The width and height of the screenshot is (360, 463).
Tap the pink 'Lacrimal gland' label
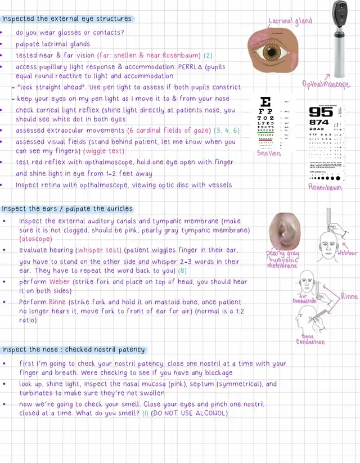[290, 21]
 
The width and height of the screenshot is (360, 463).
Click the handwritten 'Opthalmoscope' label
[326, 84]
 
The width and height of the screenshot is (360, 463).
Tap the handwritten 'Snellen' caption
[269, 153]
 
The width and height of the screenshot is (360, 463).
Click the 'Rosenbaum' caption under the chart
[325, 187]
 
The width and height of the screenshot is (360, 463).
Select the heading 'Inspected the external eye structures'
[67, 19]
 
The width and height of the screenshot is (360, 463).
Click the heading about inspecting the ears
[67, 209]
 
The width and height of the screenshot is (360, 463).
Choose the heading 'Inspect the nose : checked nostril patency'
[74, 349]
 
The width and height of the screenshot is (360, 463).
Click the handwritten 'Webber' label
[347, 254]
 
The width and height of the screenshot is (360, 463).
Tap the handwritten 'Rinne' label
[349, 296]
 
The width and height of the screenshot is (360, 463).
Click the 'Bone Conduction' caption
[310, 339]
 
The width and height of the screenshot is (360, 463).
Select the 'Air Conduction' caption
[304, 298]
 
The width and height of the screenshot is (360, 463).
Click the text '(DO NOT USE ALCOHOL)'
[189, 413]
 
